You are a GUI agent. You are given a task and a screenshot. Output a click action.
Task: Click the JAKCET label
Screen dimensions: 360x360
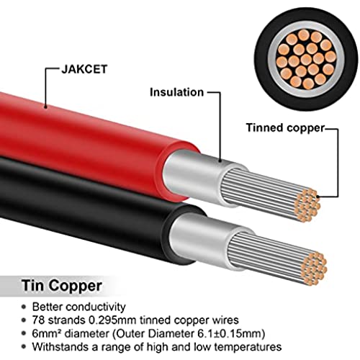click(84, 69)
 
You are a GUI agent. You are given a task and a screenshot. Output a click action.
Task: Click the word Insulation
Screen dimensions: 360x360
click(176, 92)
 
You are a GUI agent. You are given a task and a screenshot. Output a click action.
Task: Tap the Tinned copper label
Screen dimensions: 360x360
click(286, 128)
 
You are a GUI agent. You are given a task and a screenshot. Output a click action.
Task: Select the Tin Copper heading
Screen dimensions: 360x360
click(62, 286)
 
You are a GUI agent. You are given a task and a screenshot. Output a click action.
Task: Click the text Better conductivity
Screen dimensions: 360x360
click(79, 307)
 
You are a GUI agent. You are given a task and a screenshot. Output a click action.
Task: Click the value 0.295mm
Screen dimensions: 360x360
click(112, 320)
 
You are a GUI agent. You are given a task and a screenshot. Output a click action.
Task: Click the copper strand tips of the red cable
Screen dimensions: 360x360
click(307, 205)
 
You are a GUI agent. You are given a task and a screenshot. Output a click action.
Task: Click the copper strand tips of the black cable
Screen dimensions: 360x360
click(315, 269)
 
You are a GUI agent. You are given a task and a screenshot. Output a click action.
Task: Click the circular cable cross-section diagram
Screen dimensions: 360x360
click(306, 59)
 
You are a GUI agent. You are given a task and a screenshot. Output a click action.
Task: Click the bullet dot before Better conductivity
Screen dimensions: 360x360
click(24, 307)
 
